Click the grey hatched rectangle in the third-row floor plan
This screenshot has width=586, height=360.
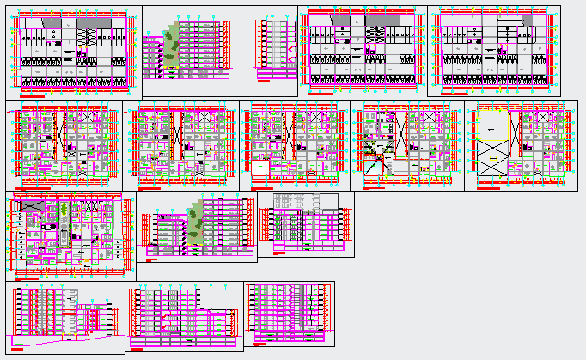32,206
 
